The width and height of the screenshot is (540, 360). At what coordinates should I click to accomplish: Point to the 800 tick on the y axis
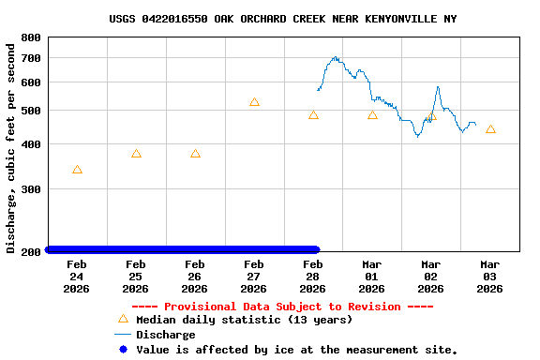(x=30, y=37)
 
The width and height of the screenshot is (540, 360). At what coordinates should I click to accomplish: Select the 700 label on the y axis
(x=30, y=58)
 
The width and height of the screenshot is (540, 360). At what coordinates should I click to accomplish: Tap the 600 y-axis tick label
(x=30, y=82)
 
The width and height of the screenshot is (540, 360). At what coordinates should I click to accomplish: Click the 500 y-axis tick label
(x=30, y=111)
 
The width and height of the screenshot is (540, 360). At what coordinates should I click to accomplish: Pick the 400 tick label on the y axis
(x=30, y=144)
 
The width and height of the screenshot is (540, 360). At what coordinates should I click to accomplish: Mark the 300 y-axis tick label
(x=30, y=189)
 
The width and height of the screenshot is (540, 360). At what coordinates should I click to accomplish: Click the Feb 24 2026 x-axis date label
(x=77, y=277)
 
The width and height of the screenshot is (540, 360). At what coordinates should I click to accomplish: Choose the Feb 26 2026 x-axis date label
(x=195, y=277)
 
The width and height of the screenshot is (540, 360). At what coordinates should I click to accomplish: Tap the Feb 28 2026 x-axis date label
(x=313, y=277)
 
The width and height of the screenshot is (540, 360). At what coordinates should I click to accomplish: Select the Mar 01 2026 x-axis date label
(x=372, y=277)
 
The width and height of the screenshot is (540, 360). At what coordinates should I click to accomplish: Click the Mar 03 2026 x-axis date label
(x=490, y=277)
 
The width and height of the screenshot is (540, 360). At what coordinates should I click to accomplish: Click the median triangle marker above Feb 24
(x=77, y=170)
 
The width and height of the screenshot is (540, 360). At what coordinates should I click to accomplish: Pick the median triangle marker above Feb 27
(x=254, y=102)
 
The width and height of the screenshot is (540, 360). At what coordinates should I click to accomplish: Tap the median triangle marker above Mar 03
(x=490, y=129)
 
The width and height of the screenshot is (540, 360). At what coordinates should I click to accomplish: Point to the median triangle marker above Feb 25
(x=136, y=154)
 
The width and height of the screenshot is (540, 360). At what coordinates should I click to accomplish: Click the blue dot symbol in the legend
(x=122, y=350)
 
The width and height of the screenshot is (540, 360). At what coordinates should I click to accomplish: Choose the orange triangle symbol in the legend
(x=122, y=319)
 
